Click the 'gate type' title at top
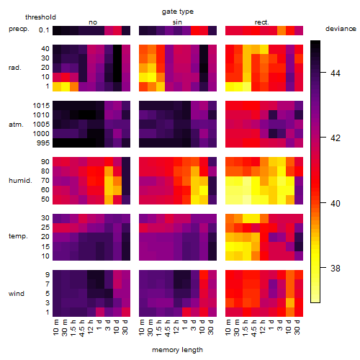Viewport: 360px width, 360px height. coord(178,12)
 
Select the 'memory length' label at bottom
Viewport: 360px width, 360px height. coord(177,350)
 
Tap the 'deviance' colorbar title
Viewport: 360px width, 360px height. coord(341,29)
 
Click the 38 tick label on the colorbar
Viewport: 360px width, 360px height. coord(336,268)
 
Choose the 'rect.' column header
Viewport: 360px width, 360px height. coord(261,22)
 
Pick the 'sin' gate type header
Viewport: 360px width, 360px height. coord(177,22)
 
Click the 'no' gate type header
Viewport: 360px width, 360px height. coord(93,22)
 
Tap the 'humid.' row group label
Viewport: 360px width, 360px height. coord(20,181)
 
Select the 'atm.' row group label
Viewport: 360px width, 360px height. coord(16,125)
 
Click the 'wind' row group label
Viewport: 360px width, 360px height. coord(17,294)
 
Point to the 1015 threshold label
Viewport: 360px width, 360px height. coord(41,106)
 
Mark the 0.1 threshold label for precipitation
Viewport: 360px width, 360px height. coord(44,30)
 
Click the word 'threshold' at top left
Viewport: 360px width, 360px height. coord(40,17)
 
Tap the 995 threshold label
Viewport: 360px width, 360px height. coord(43,143)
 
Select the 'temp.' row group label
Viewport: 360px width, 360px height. coord(18,236)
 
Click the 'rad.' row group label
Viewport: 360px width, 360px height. coord(15,68)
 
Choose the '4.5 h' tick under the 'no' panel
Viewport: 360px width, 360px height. coord(82,328)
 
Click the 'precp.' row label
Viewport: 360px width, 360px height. coord(19,29)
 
